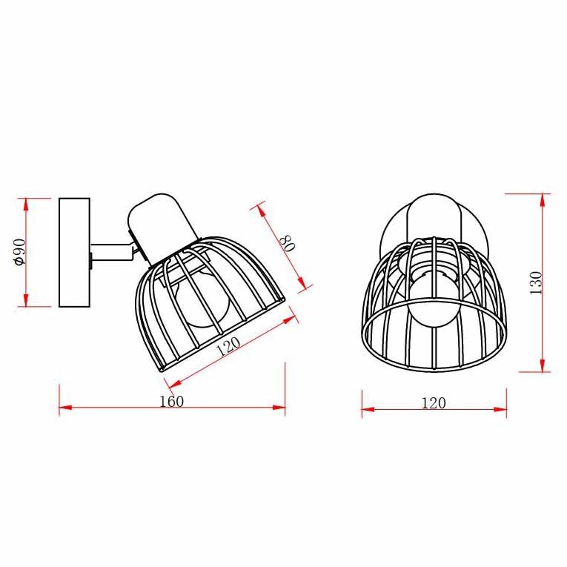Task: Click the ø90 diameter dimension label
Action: point(19,253)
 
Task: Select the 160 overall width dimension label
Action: point(172,402)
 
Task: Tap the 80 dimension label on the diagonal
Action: point(288,242)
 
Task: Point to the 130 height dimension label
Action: point(536,283)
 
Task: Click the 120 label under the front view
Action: point(434,403)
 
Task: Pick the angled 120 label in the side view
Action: point(228,346)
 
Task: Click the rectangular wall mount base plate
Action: point(75,253)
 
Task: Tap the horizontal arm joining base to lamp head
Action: point(112,252)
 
